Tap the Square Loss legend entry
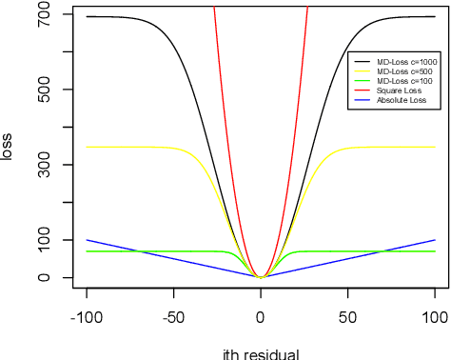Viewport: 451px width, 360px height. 399,90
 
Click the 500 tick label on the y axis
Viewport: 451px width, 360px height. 44,90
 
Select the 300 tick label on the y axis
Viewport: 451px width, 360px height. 44,166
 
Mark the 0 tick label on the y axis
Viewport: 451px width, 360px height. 44,277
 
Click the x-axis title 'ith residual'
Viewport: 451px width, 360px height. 260,354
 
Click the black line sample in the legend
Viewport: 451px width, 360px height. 363,62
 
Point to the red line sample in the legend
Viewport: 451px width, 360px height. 363,90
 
